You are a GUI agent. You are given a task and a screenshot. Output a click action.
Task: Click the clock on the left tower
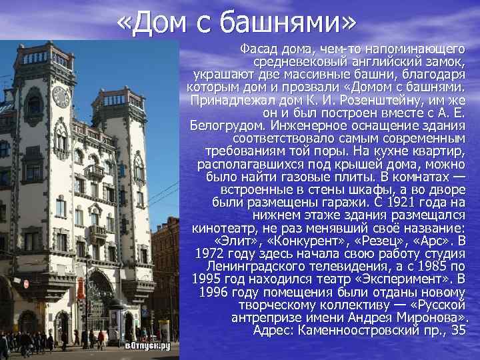61,97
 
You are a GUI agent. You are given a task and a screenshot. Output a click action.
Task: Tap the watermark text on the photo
148,345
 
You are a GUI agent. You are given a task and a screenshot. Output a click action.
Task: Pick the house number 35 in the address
457,330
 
